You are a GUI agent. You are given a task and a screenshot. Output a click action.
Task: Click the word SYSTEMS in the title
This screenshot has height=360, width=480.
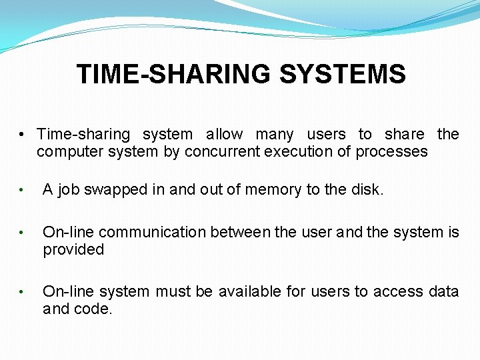click(x=343, y=74)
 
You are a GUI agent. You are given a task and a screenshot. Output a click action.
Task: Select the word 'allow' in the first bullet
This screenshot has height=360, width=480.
click(x=224, y=134)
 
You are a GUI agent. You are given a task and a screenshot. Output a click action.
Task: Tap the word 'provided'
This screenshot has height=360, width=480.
click(x=73, y=250)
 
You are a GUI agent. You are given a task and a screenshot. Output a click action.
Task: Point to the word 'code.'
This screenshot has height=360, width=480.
click(x=96, y=309)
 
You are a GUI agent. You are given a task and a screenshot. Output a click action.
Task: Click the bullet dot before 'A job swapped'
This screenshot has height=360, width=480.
click(x=23, y=191)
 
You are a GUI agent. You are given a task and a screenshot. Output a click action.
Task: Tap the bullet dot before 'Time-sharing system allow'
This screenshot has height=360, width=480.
click(x=23, y=135)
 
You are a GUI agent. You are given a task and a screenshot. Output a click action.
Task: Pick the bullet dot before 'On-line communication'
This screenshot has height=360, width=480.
click(x=23, y=233)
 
